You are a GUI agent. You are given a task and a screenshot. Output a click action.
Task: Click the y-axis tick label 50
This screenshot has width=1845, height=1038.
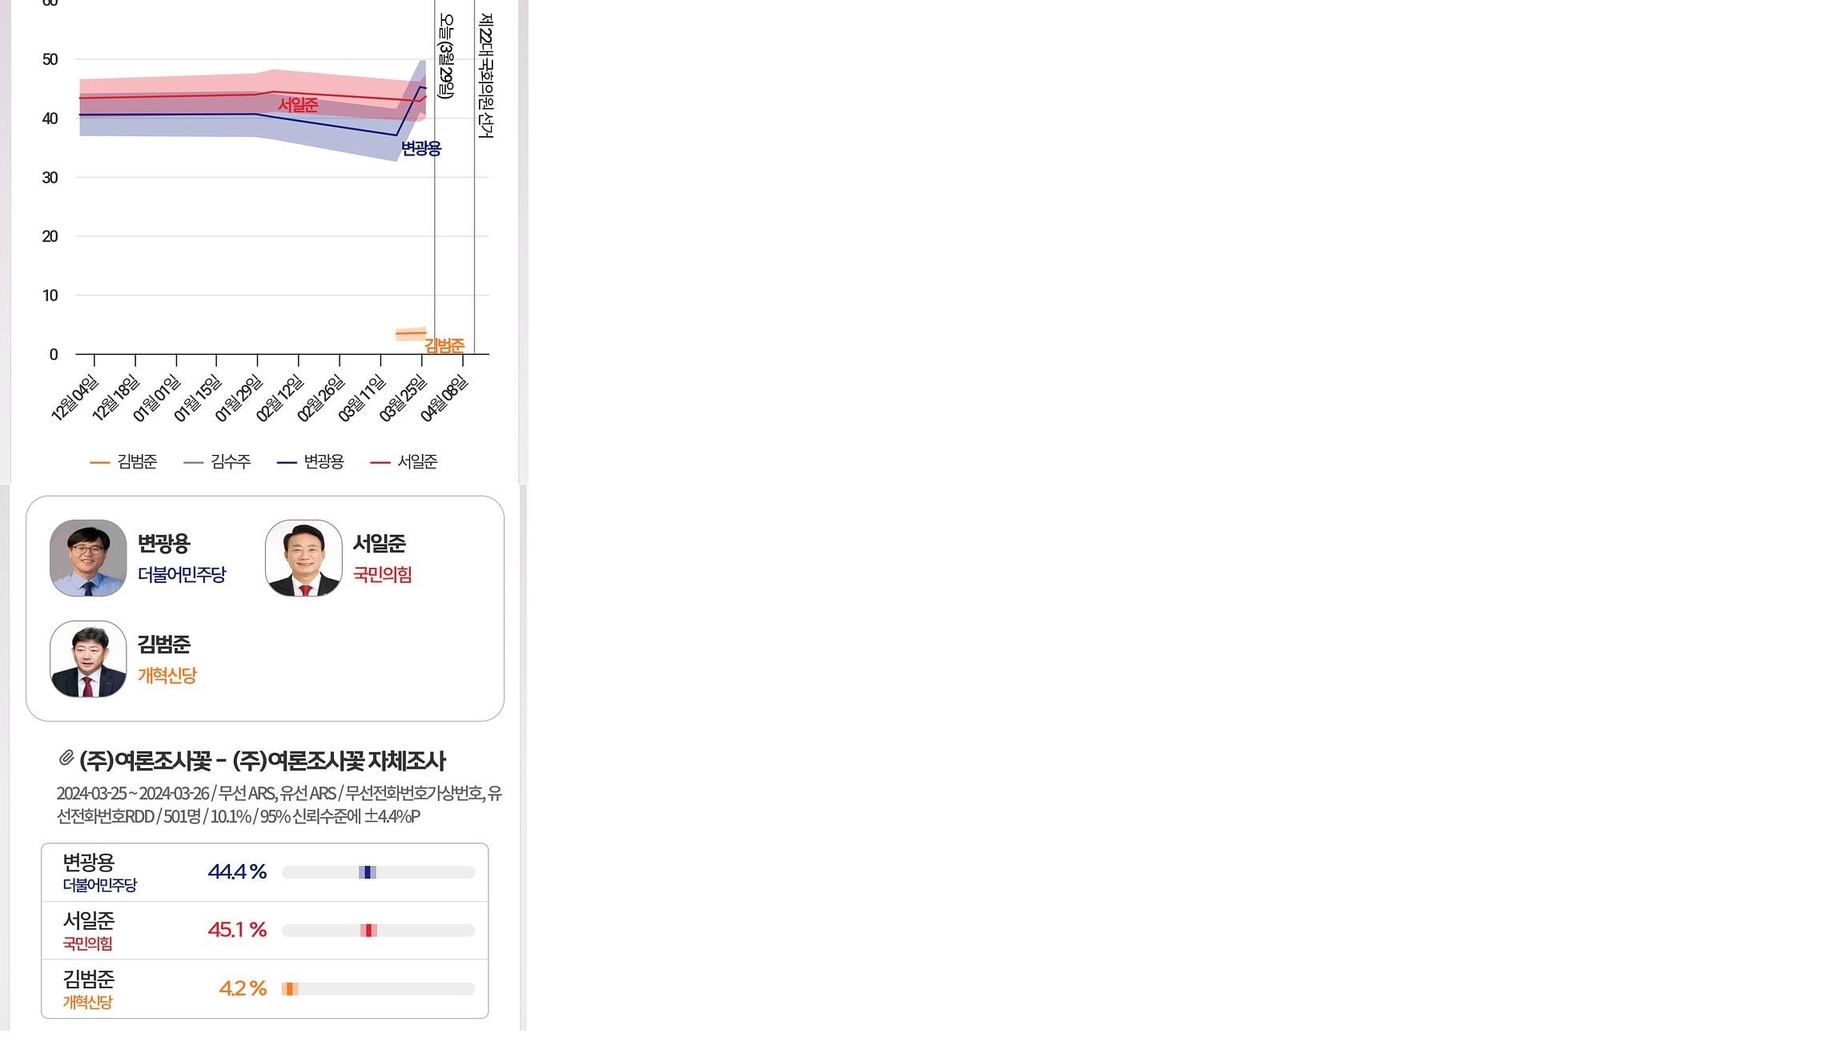(x=50, y=59)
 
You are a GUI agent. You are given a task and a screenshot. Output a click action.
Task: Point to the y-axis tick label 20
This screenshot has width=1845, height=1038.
(x=50, y=236)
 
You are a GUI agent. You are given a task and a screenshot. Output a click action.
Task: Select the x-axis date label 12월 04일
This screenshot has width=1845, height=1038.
(x=74, y=398)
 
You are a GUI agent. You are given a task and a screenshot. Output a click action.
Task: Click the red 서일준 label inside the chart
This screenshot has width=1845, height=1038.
(x=298, y=105)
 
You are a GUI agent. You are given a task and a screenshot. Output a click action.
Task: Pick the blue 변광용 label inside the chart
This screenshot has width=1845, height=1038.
(x=421, y=148)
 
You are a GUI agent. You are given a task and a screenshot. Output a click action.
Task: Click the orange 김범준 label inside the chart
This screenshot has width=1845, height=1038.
(x=444, y=346)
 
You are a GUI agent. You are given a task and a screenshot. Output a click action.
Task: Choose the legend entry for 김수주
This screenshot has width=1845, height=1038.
(x=217, y=461)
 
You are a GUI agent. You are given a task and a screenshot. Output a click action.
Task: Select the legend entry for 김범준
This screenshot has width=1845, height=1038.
(x=124, y=461)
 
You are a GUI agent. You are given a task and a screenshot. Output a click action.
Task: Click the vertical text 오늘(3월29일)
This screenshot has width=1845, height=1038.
(x=446, y=57)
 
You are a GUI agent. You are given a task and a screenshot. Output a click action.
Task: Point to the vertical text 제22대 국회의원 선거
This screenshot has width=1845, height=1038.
(x=485, y=75)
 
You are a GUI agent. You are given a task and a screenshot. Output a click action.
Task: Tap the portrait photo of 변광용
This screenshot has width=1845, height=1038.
(x=88, y=558)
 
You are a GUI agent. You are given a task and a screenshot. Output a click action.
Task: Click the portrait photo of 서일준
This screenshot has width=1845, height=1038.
(x=303, y=558)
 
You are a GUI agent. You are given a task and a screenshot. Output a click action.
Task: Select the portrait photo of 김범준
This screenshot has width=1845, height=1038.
(x=88, y=659)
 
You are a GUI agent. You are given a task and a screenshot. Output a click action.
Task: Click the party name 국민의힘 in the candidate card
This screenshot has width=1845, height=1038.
(x=383, y=574)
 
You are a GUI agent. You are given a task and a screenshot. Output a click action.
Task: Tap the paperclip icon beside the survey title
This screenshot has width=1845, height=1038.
(x=66, y=757)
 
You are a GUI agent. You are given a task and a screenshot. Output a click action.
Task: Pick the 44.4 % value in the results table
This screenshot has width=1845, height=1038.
(x=237, y=871)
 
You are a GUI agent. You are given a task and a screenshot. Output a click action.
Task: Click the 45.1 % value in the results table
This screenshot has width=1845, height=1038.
(x=237, y=930)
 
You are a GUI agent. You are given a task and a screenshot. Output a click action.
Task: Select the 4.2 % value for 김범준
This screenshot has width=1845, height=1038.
(x=243, y=988)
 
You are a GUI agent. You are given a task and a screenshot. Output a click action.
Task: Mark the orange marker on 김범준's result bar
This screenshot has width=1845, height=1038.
(x=290, y=989)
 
